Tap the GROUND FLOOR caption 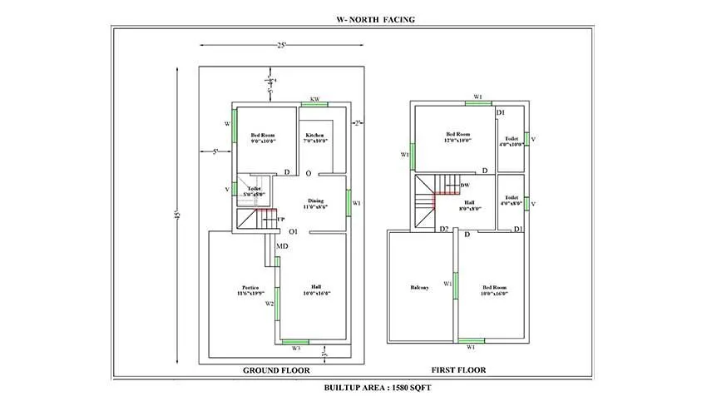[x=276, y=370]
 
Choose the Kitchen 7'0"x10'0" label [x=315, y=138]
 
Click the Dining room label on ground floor [x=315, y=203]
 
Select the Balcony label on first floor [x=419, y=289]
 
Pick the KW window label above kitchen [x=314, y=100]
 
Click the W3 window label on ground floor [x=295, y=349]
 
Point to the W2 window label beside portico [x=269, y=305]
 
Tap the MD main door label [x=283, y=247]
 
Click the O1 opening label [x=294, y=231]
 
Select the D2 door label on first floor [x=444, y=229]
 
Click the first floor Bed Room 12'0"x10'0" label [x=457, y=137]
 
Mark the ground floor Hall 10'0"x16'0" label [x=316, y=290]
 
